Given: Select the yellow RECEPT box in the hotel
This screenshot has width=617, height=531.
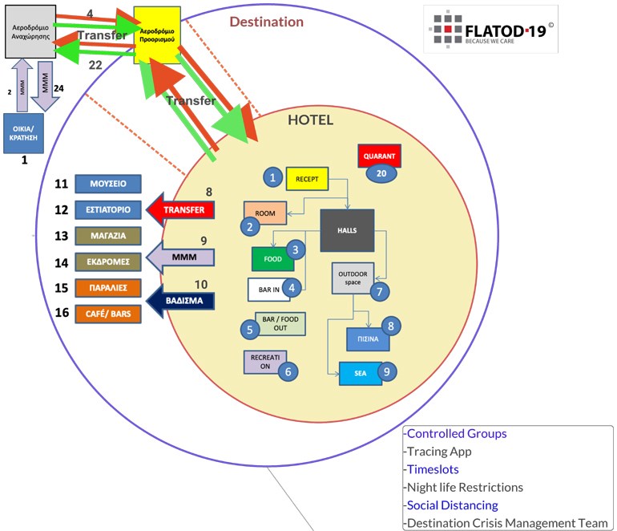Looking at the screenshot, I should [x=308, y=178].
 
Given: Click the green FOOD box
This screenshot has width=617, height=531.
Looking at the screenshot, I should [x=270, y=259].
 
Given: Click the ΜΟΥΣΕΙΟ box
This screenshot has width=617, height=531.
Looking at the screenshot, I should [x=108, y=184].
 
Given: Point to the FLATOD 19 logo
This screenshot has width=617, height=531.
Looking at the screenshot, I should [x=490, y=30].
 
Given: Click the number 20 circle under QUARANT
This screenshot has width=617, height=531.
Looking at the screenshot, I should [x=381, y=173].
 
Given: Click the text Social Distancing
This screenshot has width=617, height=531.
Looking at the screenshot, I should [x=453, y=505].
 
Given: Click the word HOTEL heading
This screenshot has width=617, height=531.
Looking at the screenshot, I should [x=310, y=120].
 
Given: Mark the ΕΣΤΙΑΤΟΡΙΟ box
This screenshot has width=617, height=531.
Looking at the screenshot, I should [x=108, y=210].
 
